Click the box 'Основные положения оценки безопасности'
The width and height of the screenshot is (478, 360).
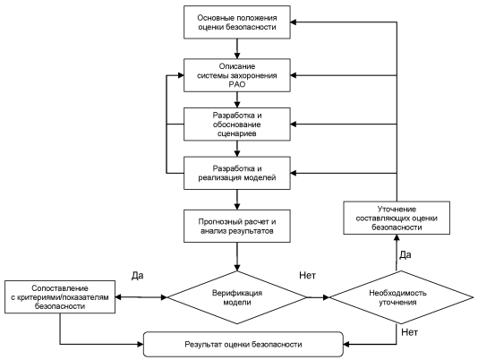pyautogui.click(x=237, y=22)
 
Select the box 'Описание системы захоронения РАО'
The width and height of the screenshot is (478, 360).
pyautogui.click(x=237, y=75)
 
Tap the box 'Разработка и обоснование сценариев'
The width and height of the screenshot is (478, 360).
pyautogui.click(x=237, y=124)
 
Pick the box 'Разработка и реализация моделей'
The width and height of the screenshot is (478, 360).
pyautogui.click(x=237, y=173)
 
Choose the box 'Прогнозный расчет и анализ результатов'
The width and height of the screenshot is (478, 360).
pyautogui.click(x=237, y=226)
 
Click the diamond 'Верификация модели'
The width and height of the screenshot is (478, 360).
pyautogui.click(x=237, y=297)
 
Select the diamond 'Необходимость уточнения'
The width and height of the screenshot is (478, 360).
pyautogui.click(x=401, y=297)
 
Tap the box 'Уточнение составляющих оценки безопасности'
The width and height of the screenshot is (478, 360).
pyautogui.click(x=397, y=218)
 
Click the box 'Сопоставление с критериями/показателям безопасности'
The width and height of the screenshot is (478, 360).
pyautogui.click(x=60, y=296)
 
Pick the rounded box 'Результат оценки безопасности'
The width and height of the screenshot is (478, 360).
pyautogui.click(x=243, y=345)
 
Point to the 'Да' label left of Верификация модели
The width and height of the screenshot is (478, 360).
pyautogui.click(x=138, y=276)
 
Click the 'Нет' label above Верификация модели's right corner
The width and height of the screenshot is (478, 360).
pyautogui.click(x=307, y=275)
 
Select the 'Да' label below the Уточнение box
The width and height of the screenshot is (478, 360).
pyautogui.click(x=405, y=254)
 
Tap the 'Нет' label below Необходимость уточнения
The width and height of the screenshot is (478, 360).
pyautogui.click(x=410, y=332)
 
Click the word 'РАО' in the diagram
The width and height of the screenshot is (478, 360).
pyautogui.click(x=237, y=84)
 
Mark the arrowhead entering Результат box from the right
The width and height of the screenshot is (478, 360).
pyautogui.click(x=346, y=345)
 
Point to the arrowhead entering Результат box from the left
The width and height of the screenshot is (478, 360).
pyautogui.click(x=141, y=345)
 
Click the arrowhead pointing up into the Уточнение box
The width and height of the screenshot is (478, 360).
pyautogui.click(x=397, y=238)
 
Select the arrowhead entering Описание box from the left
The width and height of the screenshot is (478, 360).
pyautogui.click(x=181, y=75)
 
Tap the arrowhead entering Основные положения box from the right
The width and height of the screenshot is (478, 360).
pyautogui.click(x=294, y=22)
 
